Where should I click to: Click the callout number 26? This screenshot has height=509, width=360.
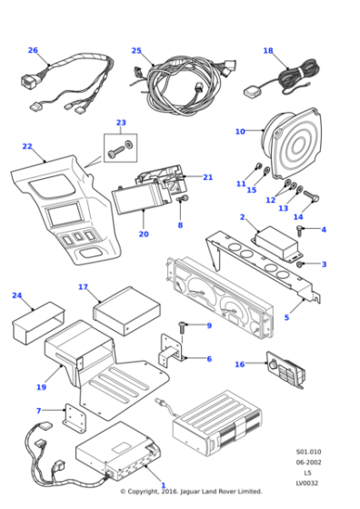click(33, 51)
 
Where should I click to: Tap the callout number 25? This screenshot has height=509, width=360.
click(136, 51)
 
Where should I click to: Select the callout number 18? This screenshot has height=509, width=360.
click(268, 51)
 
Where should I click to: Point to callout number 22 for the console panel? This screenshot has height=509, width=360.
click(27, 146)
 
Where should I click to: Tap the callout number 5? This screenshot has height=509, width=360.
click(286, 317)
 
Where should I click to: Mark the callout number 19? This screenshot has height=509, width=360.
click(41, 387)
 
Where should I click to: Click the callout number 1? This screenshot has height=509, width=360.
click(163, 486)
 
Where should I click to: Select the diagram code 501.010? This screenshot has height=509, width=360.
click(306, 451)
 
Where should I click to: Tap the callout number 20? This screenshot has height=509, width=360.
click(143, 234)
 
